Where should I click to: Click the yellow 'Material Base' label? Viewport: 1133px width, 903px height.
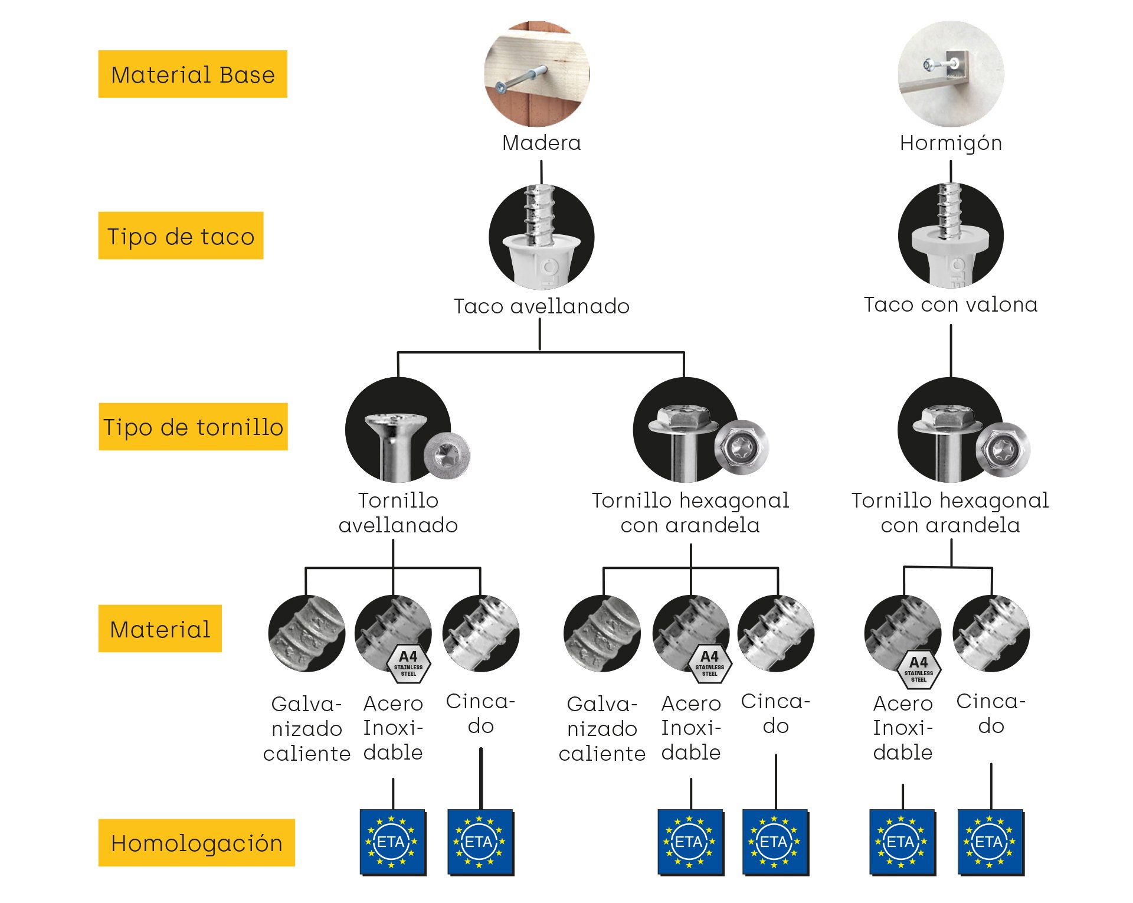192,74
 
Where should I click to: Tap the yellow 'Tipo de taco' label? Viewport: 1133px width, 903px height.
181,235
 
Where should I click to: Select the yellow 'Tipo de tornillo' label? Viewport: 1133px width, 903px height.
193,427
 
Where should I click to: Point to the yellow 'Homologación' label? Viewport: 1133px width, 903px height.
197,843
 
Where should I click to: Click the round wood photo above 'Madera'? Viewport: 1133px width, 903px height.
537,74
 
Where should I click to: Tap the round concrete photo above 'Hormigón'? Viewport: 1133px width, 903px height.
951,74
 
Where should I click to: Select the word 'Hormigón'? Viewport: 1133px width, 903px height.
951,143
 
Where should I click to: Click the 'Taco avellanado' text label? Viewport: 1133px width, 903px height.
541,306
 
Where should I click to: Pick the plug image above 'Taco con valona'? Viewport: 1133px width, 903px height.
951,235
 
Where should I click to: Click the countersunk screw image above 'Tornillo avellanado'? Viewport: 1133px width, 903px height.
397,430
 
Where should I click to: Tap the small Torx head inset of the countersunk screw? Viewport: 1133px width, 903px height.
447,455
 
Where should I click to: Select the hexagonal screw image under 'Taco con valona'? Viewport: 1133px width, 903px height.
949,430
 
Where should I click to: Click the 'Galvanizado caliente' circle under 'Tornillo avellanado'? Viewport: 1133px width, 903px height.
306,633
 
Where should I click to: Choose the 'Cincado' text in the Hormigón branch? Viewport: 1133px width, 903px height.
991,713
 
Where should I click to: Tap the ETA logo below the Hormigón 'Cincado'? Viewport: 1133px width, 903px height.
990,842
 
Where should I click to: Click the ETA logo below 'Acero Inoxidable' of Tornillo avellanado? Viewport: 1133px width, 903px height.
392,842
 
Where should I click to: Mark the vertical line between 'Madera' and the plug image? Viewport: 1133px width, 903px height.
541,172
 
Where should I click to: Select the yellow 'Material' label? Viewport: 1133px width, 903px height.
160,629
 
